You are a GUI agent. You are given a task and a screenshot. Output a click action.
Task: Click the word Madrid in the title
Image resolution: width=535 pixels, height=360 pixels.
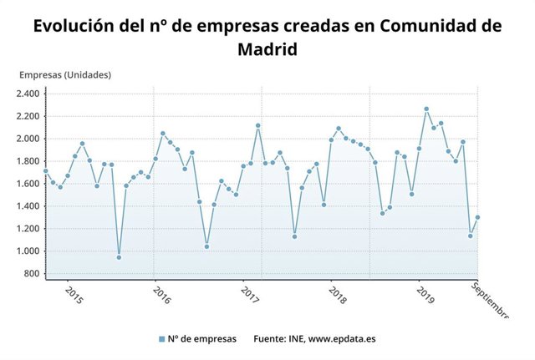tap(267, 49)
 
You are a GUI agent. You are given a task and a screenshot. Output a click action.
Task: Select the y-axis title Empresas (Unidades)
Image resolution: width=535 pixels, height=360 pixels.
tap(65, 74)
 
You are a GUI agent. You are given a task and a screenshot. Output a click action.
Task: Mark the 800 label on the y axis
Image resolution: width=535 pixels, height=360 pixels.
tap(33, 274)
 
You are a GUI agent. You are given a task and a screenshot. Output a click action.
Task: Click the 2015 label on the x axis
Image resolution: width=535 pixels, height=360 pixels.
tap(74, 295)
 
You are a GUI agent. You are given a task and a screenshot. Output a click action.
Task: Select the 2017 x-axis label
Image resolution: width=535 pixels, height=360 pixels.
tap(250, 295)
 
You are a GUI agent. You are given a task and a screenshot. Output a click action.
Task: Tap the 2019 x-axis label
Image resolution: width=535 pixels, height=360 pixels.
tap(425, 295)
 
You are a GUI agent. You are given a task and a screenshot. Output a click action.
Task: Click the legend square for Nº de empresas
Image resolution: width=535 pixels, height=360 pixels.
tap(161, 339)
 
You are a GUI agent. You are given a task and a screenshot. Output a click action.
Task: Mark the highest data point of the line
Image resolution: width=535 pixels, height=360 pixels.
tap(426, 109)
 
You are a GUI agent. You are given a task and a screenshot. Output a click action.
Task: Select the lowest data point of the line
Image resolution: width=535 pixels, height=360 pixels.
tap(119, 257)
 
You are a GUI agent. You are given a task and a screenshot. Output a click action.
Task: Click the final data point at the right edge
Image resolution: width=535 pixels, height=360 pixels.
tap(477, 217)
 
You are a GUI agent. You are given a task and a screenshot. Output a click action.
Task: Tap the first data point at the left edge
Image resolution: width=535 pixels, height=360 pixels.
tap(46, 171)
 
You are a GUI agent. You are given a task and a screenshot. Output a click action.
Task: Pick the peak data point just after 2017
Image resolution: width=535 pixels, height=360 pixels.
tap(257, 125)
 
